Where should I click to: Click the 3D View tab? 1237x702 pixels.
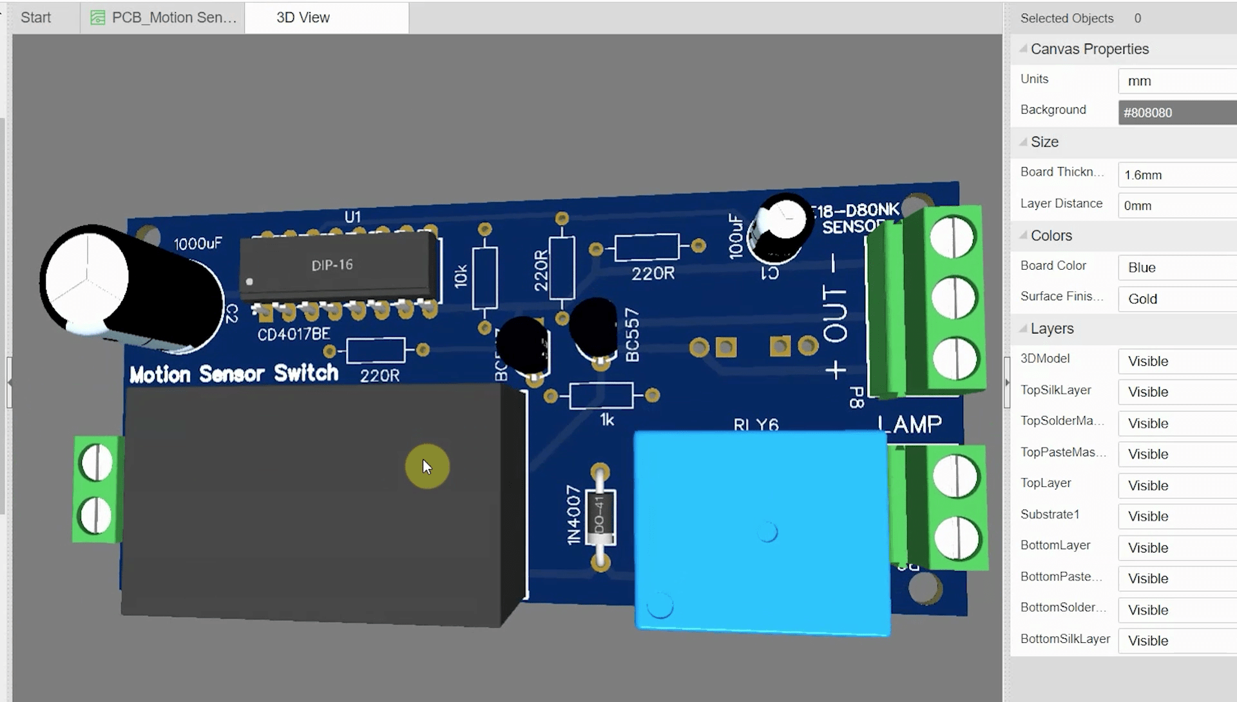click(x=303, y=17)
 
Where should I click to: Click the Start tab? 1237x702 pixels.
click(x=35, y=17)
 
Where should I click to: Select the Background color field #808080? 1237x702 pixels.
click(x=1176, y=113)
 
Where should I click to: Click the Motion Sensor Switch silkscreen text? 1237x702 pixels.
click(x=233, y=374)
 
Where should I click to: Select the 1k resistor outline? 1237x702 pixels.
click(x=601, y=395)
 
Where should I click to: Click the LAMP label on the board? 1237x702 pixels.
click(x=910, y=424)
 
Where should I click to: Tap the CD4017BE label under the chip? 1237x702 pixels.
click(x=293, y=334)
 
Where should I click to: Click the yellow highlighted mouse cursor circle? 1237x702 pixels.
click(x=427, y=466)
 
